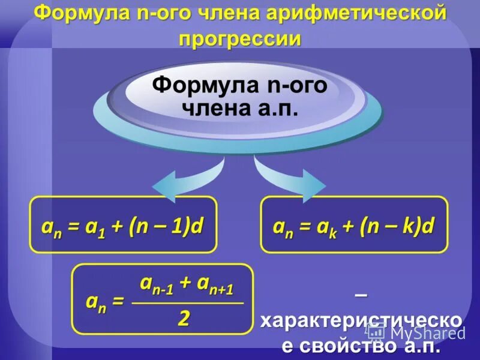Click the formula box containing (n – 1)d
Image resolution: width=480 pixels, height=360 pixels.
click(x=123, y=226)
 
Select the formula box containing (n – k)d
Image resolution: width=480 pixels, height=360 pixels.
click(x=354, y=226)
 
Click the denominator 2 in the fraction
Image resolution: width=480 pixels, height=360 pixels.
click(x=184, y=319)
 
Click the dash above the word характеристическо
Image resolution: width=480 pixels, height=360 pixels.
click(x=361, y=295)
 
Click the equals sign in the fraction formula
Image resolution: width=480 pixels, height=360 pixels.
click(x=117, y=303)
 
